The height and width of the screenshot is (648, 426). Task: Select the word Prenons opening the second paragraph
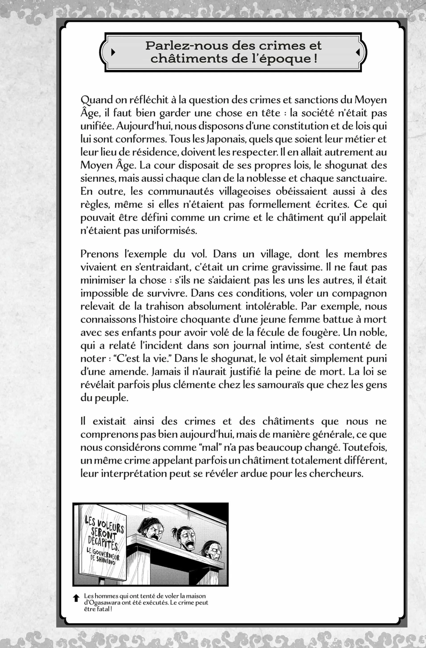click(99, 254)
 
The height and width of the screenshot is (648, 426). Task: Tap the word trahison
click(165, 306)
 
